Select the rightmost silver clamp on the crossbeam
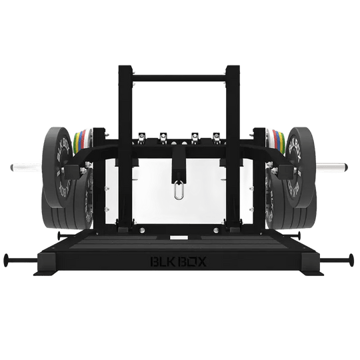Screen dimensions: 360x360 click(x=215, y=137)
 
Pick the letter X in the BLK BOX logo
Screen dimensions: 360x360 click(x=202, y=261)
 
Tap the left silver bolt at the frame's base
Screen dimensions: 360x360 click(x=142, y=231)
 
